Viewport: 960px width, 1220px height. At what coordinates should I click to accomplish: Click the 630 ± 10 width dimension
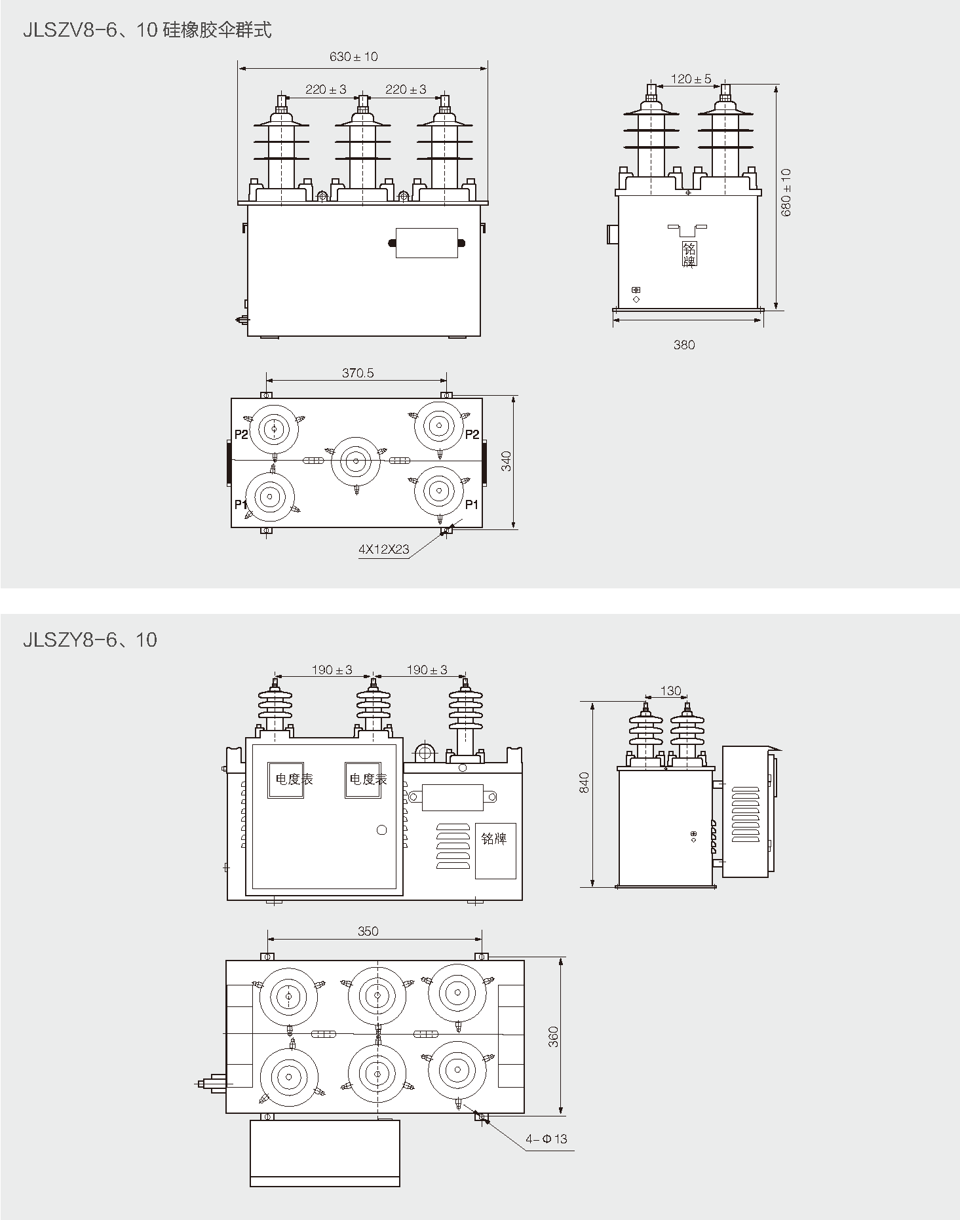(x=354, y=56)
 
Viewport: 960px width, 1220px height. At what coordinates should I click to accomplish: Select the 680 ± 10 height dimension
(x=786, y=193)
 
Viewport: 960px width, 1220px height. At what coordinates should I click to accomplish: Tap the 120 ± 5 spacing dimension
(x=691, y=79)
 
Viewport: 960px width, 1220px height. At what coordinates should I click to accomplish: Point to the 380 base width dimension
(x=684, y=345)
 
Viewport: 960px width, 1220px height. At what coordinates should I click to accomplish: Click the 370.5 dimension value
(x=358, y=373)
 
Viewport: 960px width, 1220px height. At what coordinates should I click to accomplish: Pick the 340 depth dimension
(x=506, y=461)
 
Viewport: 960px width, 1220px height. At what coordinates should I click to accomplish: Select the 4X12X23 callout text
(x=383, y=549)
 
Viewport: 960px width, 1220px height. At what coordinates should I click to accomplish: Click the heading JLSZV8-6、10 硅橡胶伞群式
(x=147, y=30)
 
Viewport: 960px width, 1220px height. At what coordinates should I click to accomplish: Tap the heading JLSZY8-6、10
(x=90, y=639)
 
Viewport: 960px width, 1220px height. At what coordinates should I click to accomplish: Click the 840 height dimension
(x=585, y=782)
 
